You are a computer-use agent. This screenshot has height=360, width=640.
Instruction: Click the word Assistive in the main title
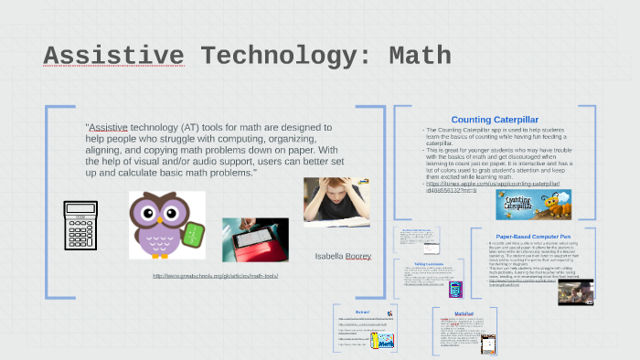tap(113, 57)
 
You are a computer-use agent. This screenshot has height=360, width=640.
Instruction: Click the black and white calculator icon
tap(80, 226)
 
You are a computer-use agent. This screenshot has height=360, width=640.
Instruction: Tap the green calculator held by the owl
tap(193, 235)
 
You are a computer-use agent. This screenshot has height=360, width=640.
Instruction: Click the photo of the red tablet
tap(255, 239)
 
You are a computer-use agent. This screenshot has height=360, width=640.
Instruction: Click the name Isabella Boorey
tap(343, 256)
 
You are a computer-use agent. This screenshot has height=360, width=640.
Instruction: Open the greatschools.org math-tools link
tap(215, 276)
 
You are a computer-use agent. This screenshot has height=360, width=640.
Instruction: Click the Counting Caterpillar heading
tap(495, 120)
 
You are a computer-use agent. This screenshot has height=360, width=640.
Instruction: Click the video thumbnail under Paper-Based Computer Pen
tap(575, 291)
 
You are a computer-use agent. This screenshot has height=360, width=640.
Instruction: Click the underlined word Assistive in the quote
tap(108, 128)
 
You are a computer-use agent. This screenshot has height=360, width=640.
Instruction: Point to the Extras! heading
tap(363, 312)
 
